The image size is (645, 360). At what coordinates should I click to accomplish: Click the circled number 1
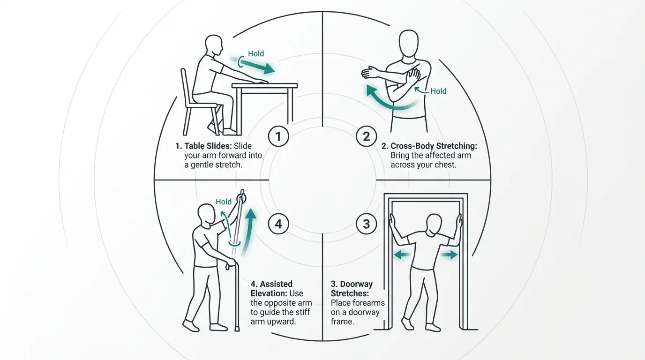pyautogui.click(x=278, y=136)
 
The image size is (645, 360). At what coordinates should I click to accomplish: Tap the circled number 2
pyautogui.click(x=366, y=136)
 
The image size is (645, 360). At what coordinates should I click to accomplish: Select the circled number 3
pyautogui.click(x=366, y=224)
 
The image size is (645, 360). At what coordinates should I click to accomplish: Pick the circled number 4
pyautogui.click(x=278, y=224)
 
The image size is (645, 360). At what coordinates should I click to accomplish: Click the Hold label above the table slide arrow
pyautogui.click(x=256, y=53)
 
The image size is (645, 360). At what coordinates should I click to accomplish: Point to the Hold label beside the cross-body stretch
pyautogui.click(x=438, y=91)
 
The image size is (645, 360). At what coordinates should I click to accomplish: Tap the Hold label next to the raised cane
pyautogui.click(x=224, y=202)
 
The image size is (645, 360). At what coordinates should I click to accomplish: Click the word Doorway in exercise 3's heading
pyautogui.click(x=356, y=284)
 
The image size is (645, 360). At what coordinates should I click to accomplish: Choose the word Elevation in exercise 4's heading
pyautogui.click(x=269, y=293)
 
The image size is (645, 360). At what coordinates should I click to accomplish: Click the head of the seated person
pyautogui.click(x=214, y=45)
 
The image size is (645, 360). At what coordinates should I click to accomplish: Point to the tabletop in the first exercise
pyautogui.click(x=265, y=86)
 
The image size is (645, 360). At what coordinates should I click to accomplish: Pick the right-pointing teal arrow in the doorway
pyautogui.click(x=449, y=255)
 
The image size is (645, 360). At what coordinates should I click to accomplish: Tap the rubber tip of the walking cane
pyautogui.click(x=237, y=329)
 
